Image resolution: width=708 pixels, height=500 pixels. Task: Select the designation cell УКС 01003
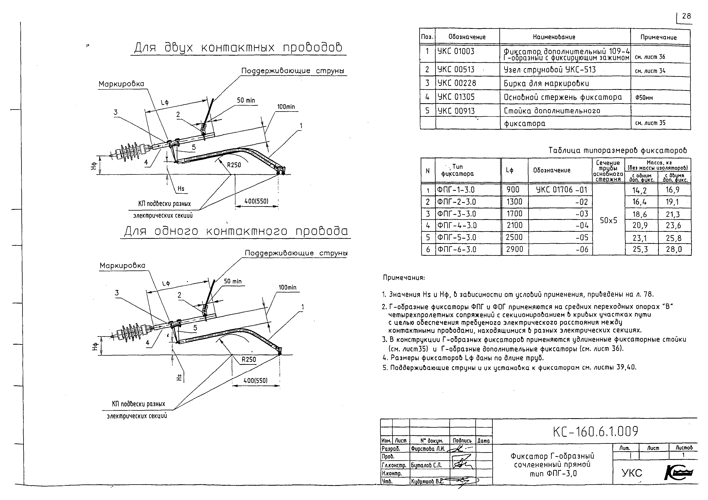[x=456, y=51]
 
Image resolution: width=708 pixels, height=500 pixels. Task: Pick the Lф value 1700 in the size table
[x=514, y=213]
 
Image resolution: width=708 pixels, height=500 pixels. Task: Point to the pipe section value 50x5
[x=608, y=221]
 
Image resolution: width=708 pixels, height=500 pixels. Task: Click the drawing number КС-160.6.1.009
[x=595, y=432]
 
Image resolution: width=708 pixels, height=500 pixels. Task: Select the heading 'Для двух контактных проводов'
[x=238, y=48]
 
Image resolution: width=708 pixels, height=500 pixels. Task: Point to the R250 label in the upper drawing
[x=234, y=165]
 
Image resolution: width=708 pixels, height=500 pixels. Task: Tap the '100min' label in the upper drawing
[x=286, y=107]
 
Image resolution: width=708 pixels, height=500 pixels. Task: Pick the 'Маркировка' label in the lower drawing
[x=122, y=266]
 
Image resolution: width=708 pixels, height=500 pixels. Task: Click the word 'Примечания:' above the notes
[x=404, y=278]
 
